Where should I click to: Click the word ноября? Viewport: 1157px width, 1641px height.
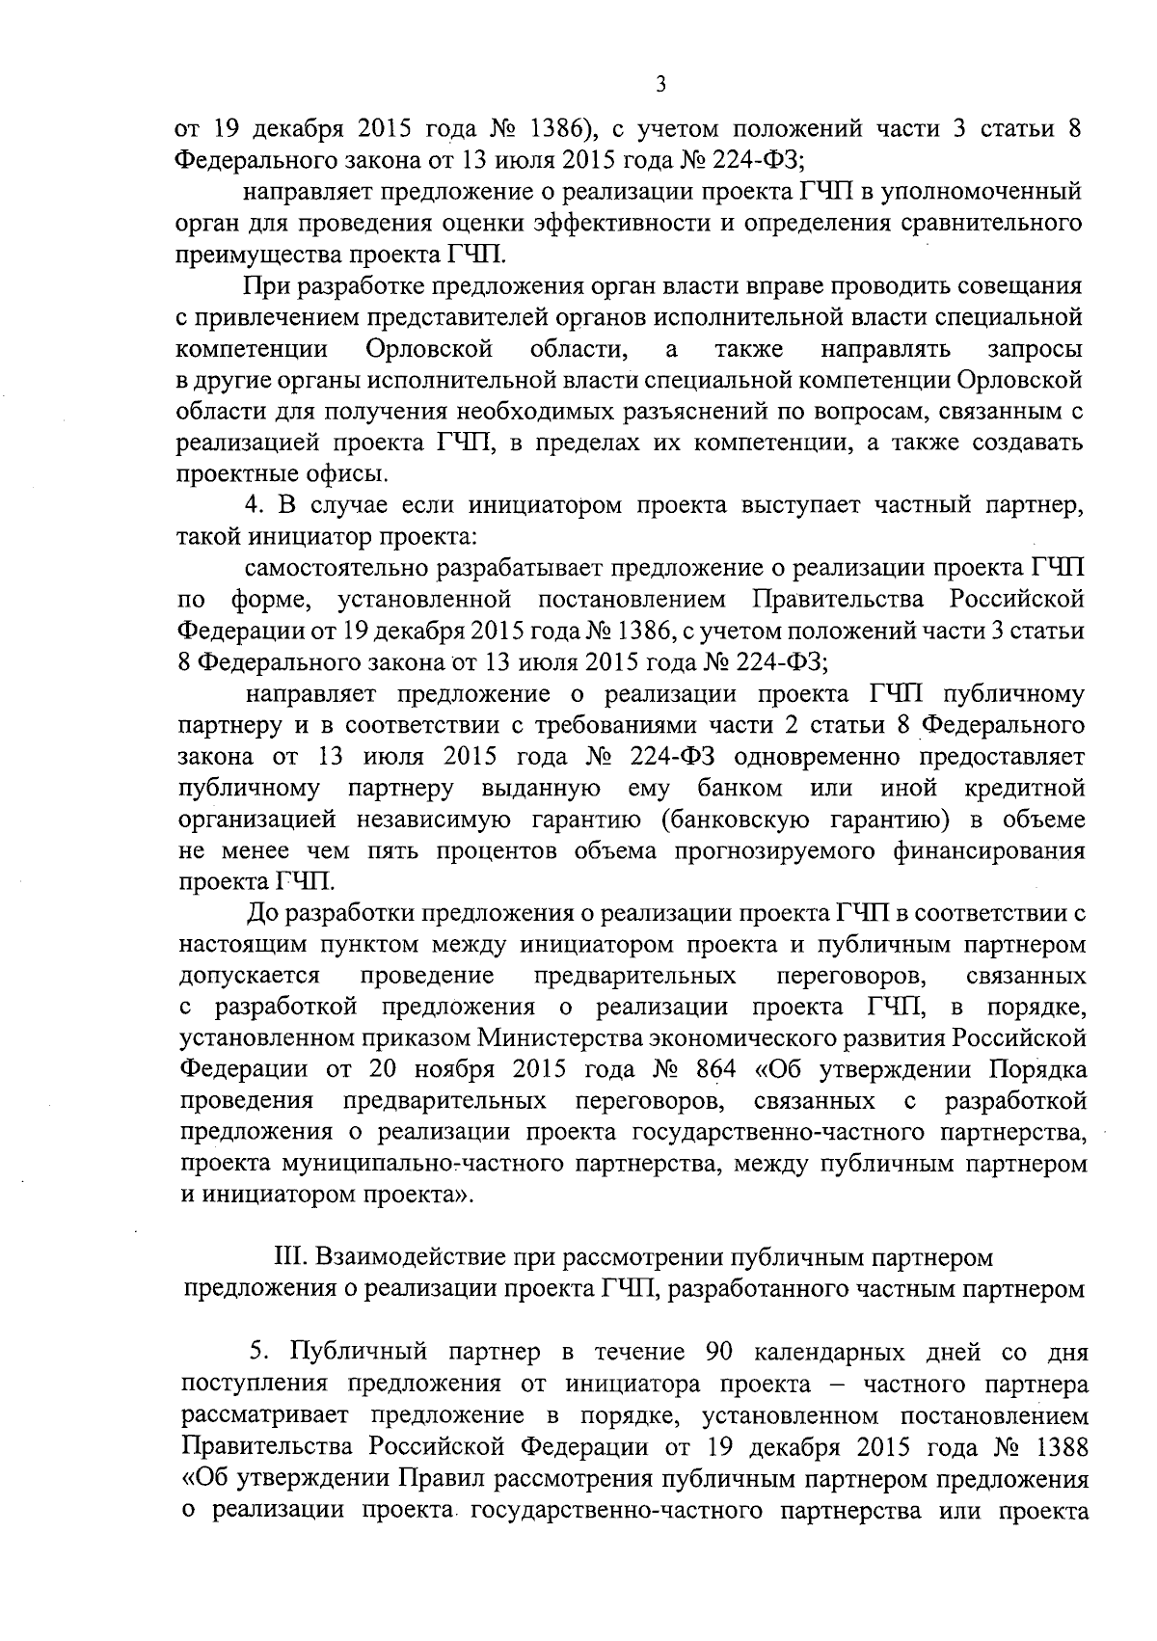(x=453, y=1069)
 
